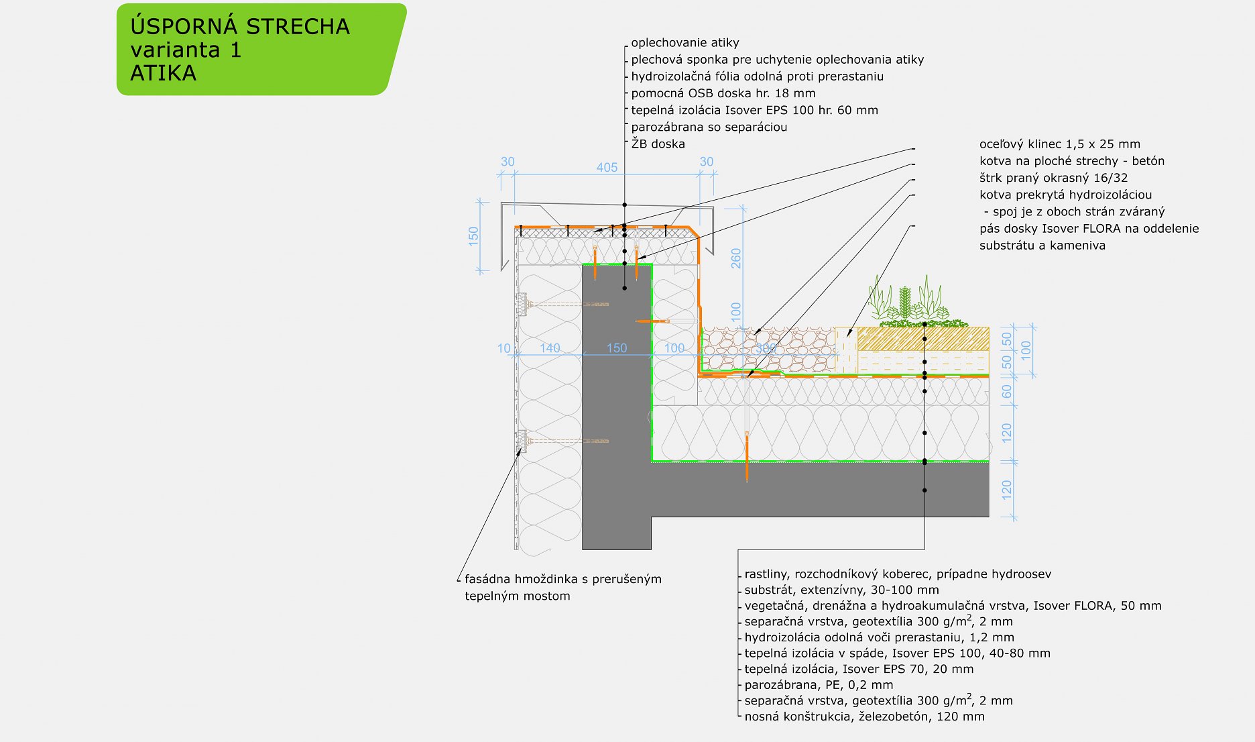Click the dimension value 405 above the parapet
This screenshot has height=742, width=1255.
607,167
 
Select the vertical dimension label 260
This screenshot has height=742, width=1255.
736,258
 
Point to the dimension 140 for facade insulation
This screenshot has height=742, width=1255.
550,348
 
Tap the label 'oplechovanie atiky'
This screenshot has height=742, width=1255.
684,43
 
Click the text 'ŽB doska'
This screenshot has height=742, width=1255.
658,144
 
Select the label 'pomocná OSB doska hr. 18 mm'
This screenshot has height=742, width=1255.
723,93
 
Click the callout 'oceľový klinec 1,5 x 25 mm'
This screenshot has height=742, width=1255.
1059,144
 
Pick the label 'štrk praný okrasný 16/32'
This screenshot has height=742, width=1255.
1053,178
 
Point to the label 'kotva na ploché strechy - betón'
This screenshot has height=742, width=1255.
1071,161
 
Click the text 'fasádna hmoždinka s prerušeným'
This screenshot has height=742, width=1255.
562,579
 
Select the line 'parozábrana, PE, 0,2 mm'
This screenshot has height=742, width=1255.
818,685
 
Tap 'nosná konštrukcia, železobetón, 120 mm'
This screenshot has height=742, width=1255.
864,717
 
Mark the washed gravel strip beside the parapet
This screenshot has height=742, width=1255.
768,349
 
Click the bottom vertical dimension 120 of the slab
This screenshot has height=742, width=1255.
1006,490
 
